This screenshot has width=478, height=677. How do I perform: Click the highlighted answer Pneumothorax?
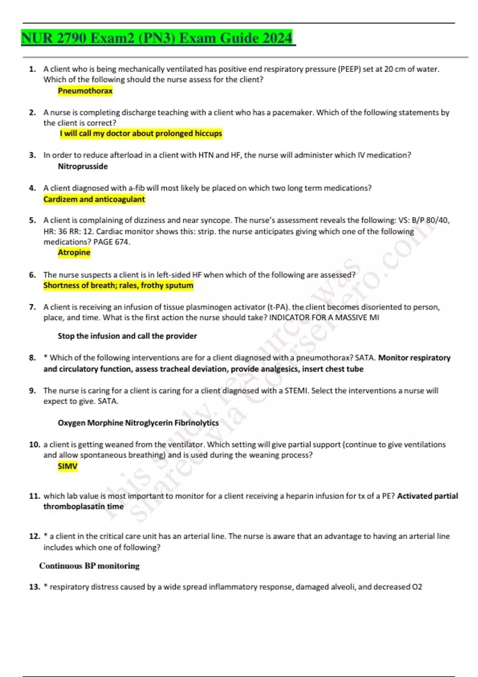pos(85,91)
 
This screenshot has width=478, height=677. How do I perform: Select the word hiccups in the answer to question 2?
pos(209,133)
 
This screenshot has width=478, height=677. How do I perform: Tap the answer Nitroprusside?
pos(83,166)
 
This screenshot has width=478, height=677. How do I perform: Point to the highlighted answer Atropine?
pos(74,252)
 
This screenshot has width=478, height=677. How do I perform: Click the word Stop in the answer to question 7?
pos(66,336)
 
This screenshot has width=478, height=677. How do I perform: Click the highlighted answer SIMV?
pos(68,466)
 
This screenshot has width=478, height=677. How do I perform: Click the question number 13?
pos(35,587)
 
